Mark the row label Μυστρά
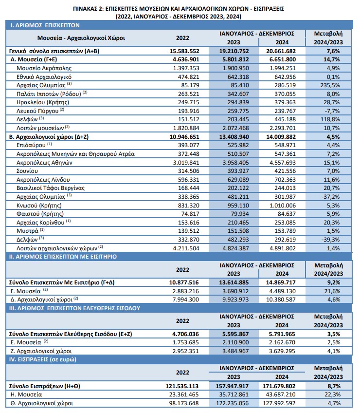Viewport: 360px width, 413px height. click(x=27, y=231)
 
